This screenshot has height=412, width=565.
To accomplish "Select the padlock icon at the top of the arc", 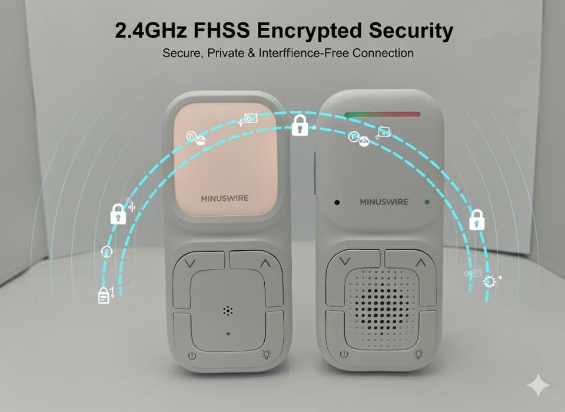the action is pyautogui.click(x=300, y=125).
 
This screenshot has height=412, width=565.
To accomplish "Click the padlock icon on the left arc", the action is pyautogui.click(x=118, y=214).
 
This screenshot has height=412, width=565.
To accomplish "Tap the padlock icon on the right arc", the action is pyautogui.click(x=476, y=221).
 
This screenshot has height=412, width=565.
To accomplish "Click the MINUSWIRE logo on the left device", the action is pyautogui.click(x=225, y=198).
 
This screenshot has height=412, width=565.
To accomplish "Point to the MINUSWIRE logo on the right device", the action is pyautogui.click(x=384, y=202).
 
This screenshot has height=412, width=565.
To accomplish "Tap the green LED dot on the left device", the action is pyautogui.click(x=228, y=334).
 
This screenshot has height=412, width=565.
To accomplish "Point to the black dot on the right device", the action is pyautogui.click(x=337, y=202).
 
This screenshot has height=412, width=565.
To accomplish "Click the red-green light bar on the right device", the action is pyautogui.click(x=383, y=114).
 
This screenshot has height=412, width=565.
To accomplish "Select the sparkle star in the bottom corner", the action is pyautogui.click(x=538, y=386).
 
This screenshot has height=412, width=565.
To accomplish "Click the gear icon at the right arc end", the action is pyautogui.click(x=488, y=282).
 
